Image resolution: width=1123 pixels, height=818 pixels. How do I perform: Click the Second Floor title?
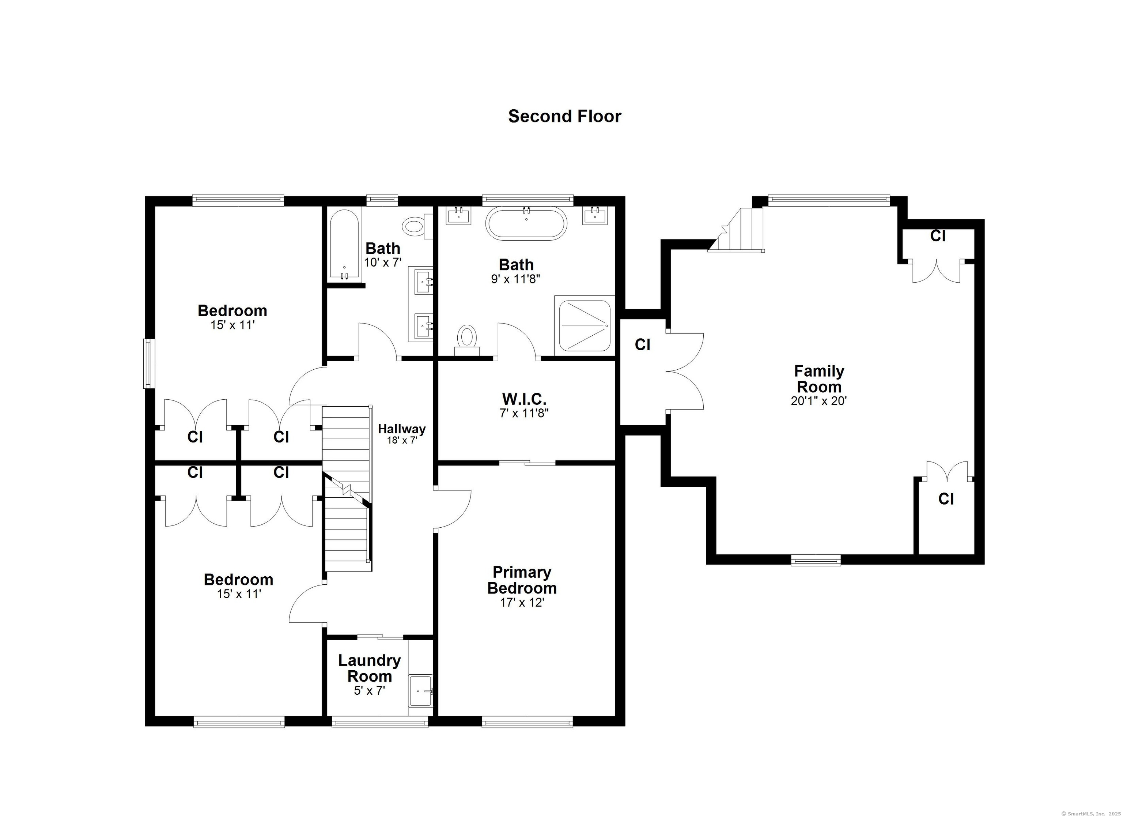pyautogui.click(x=564, y=116)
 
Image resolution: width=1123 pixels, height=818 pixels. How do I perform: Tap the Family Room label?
pyautogui.click(x=818, y=379)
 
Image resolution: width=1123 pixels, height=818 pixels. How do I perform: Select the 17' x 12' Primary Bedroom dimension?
pyautogui.click(x=522, y=603)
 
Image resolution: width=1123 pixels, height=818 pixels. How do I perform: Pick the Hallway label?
pyautogui.click(x=401, y=429)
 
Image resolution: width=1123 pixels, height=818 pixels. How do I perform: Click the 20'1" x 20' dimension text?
pyautogui.click(x=818, y=401)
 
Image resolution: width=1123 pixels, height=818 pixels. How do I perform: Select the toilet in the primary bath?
pyautogui.click(x=466, y=339)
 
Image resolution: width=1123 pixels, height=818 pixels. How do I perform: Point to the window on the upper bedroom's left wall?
pyautogui.click(x=148, y=363)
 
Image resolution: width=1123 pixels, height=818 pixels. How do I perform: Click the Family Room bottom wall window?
pyautogui.click(x=816, y=561)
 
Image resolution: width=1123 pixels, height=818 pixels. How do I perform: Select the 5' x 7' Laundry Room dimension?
pyautogui.click(x=369, y=691)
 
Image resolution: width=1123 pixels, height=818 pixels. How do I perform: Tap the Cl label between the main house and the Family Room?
pyautogui.click(x=642, y=344)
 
